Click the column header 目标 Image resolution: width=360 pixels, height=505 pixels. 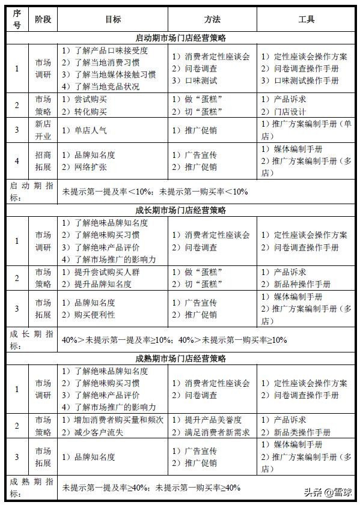(113, 19)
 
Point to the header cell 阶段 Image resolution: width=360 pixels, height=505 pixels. (43, 19)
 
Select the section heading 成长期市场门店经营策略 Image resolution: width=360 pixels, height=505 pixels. (180, 211)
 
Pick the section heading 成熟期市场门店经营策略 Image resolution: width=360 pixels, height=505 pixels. (180, 358)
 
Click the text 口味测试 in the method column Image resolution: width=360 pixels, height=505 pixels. (198, 80)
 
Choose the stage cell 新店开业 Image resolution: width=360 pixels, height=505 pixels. (43, 130)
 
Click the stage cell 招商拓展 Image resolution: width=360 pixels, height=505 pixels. (43, 160)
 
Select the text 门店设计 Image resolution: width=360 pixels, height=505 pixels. (288, 112)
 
